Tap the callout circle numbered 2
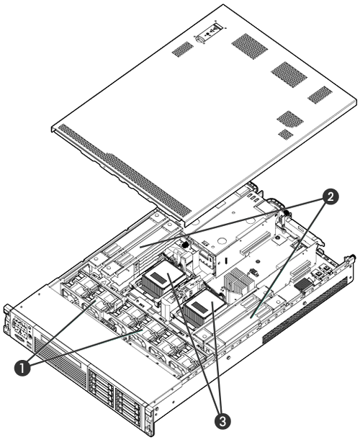pos(330,197)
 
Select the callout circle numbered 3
pos(222,422)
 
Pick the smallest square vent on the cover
pos(286,134)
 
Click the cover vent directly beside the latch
pos(183,49)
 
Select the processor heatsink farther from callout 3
pos(163,277)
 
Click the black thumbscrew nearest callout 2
pos(287,213)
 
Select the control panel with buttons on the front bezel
pos(21,328)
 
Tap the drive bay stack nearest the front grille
pos(101,384)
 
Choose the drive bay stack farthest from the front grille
pos(127,405)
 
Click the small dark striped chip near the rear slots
pos(303,284)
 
